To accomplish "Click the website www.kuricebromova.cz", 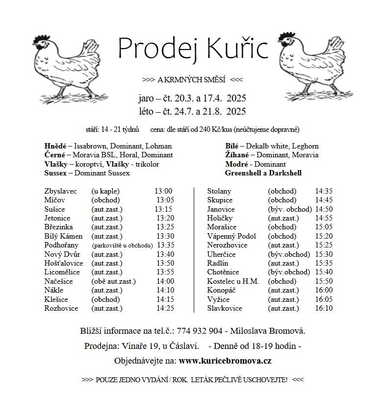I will pos(225,361).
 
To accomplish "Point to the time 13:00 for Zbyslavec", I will pos(163,191).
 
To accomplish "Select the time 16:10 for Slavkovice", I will pos(324,308).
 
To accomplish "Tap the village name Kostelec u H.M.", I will pos(233,281).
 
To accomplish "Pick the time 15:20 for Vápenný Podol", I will pos(324,236).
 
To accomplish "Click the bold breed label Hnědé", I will pos(54,146).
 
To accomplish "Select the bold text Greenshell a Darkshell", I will pos(263,173).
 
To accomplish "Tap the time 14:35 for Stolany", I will pos(324,191).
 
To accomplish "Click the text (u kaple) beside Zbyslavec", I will pos(105,191).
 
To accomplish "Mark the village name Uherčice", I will pos(222,254).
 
